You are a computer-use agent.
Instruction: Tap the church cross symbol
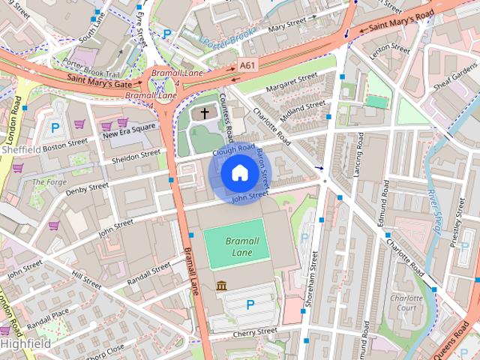205,114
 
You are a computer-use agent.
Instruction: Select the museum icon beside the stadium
222,286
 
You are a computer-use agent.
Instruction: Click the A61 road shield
247,66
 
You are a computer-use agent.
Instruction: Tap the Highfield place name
26,343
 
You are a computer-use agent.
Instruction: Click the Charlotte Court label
407,303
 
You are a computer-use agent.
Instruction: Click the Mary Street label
267,28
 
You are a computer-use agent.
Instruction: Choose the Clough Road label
234,149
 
